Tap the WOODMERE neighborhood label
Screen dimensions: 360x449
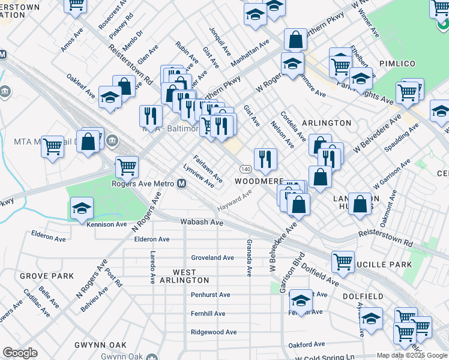[258, 181]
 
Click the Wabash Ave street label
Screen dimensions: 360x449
[202, 222]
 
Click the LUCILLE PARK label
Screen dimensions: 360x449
[386, 265]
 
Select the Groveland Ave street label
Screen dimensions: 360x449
[212, 257]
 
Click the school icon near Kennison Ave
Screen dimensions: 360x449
[82, 209]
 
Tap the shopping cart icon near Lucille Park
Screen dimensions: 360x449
[343, 260]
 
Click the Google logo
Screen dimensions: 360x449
[20, 353]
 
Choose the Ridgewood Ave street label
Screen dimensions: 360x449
[214, 332]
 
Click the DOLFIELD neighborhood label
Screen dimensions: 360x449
[363, 296]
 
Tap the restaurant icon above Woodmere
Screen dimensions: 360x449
[265, 159]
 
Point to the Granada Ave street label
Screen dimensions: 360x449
[249, 258]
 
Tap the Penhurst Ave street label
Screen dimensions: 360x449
[211, 295]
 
